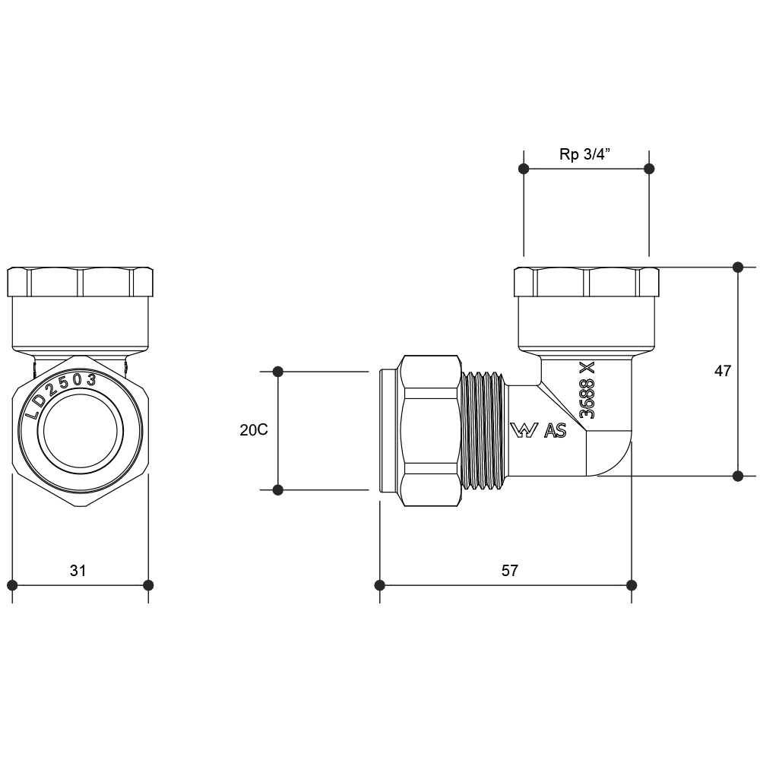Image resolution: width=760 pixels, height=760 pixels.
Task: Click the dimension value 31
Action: pos(78,570)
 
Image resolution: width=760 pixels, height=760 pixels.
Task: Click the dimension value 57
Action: pos(509,570)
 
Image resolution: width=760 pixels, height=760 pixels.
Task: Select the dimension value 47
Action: pos(723,371)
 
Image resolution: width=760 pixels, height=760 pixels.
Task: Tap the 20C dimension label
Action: pos(253,430)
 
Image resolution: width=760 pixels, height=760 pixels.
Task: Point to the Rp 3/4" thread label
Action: pos(586,154)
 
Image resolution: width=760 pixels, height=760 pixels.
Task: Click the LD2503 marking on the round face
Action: pos(61,392)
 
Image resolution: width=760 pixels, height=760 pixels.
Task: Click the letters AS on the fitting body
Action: pos(556,431)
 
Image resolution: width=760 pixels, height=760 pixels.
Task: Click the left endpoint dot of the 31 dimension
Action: pos(12,584)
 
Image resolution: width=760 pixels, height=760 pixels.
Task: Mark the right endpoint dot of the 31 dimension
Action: pos(148,584)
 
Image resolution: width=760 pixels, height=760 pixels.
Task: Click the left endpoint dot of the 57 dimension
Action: pos(380,584)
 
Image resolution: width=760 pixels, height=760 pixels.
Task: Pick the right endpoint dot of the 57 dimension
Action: pos(631,584)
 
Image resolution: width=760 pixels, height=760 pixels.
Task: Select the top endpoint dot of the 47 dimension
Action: pos(737,268)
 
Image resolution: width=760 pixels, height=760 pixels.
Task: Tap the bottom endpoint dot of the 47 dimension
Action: pos(737,476)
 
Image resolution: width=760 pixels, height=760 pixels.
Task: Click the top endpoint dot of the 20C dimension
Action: pos(278,372)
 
